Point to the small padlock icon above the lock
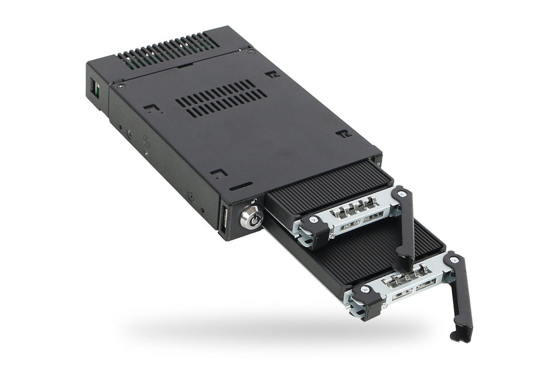tap(254, 200)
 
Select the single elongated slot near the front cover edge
tap(241, 186)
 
